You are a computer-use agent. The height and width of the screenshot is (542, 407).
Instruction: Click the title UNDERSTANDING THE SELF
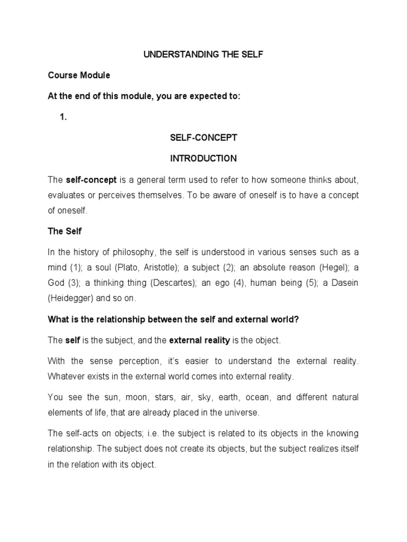(x=203, y=55)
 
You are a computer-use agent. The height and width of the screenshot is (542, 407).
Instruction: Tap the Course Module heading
(x=78, y=75)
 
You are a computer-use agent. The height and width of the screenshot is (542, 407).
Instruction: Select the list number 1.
(x=64, y=118)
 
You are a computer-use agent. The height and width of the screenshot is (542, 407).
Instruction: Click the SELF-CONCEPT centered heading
(x=203, y=138)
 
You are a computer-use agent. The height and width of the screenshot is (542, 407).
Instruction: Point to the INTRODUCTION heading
(x=203, y=158)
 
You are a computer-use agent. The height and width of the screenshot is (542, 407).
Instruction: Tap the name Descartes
(x=169, y=283)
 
